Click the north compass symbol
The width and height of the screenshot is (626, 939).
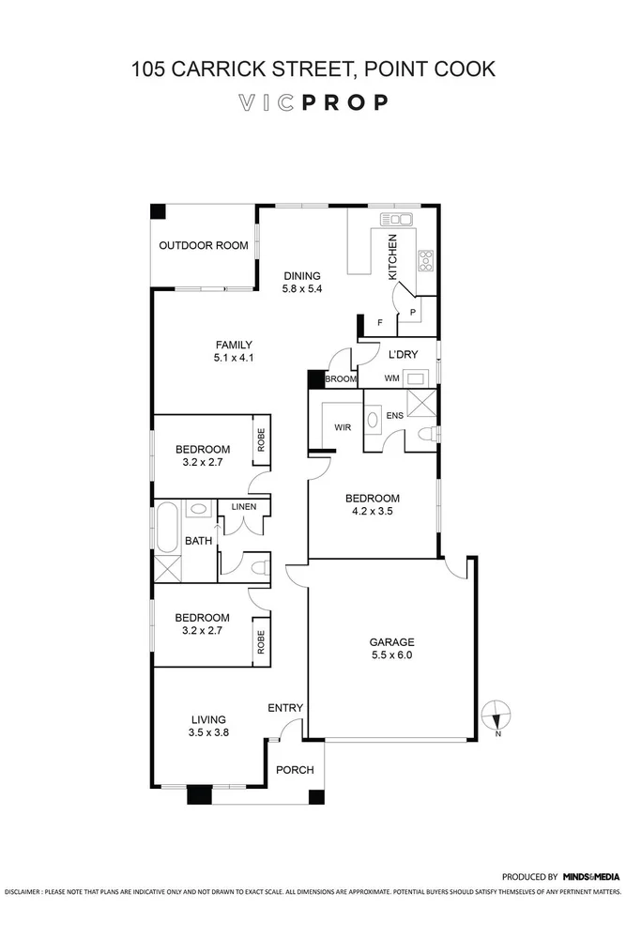click(x=496, y=716)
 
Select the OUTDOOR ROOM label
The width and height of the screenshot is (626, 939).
click(x=204, y=246)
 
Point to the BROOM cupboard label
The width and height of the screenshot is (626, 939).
click(x=340, y=379)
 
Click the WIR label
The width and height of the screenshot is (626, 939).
click(x=343, y=428)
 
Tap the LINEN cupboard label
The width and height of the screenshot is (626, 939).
click(x=244, y=507)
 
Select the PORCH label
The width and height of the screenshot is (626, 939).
click(x=294, y=770)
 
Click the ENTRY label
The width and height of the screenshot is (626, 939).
click(x=285, y=708)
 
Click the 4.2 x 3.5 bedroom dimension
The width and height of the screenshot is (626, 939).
click(x=372, y=513)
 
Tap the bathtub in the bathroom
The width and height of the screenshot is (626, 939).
click(x=168, y=527)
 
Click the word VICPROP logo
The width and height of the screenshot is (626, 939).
click(x=313, y=102)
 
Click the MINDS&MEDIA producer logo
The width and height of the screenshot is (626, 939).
click(x=591, y=875)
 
